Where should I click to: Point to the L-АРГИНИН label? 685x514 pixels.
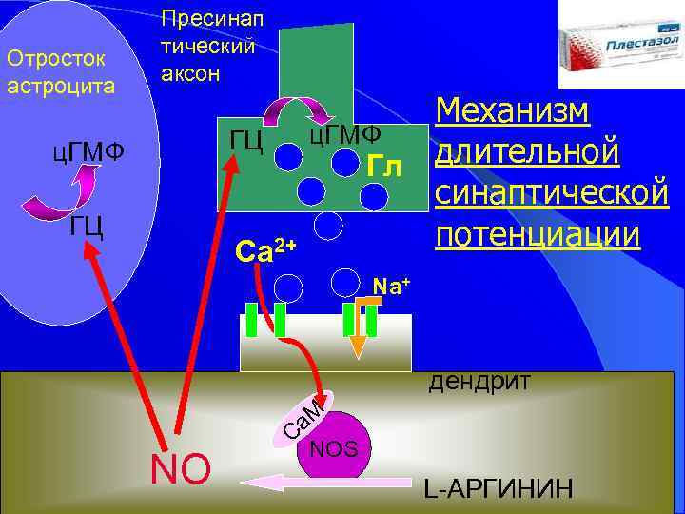coord(499,489)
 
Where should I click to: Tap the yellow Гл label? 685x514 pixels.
coord(384,167)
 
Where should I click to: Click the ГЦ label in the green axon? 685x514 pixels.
coord(247,140)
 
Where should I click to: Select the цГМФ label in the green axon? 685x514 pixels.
coord(343,135)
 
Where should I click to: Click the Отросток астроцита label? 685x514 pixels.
coord(60,72)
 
